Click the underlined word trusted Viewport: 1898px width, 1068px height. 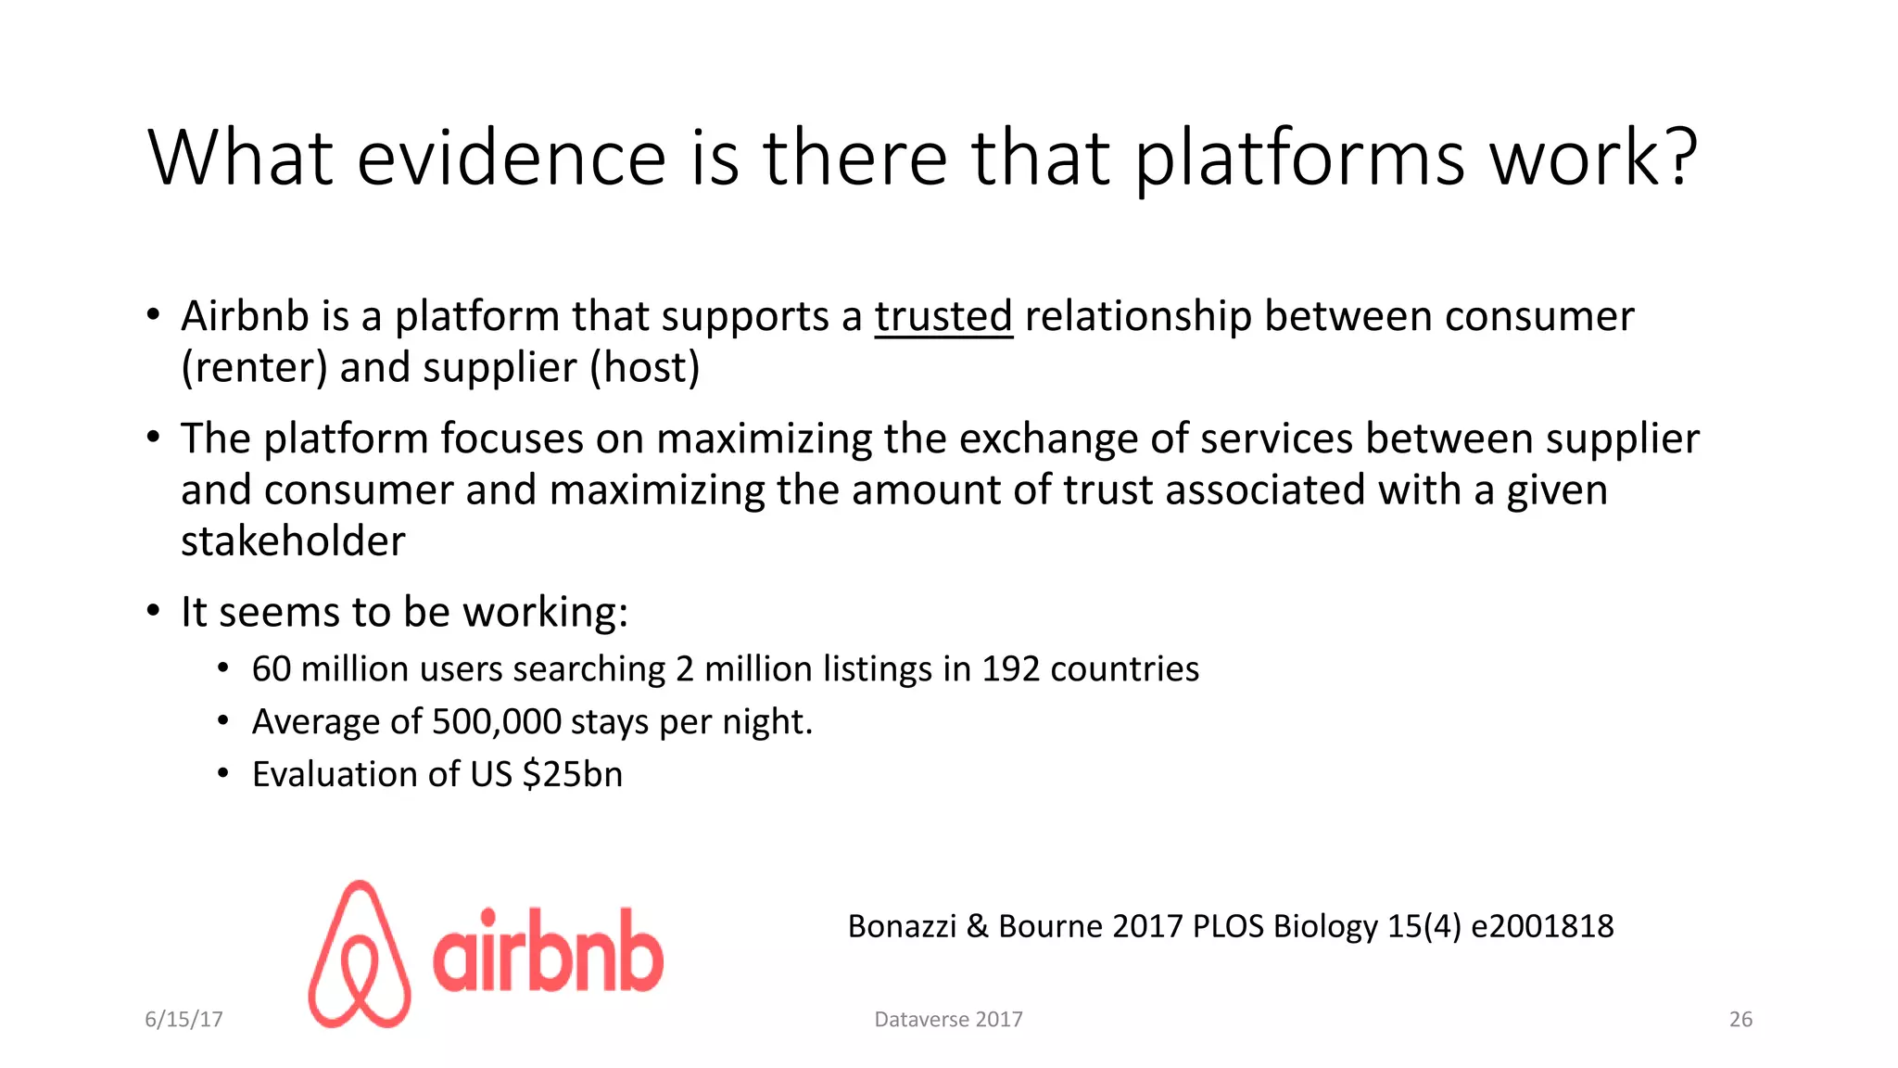tap(943, 317)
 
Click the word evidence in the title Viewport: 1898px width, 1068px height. tap(511, 158)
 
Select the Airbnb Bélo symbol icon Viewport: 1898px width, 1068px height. tap(360, 954)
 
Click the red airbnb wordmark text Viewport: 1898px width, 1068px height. tap(548, 951)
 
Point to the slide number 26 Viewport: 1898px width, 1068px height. tap(1740, 1019)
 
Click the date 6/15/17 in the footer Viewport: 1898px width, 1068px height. tap(183, 1019)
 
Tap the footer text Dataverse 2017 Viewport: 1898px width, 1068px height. tap(948, 1019)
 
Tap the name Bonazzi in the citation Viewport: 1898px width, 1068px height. tap(902, 926)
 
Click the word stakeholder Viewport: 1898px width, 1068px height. tap(293, 541)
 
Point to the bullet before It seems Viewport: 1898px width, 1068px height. tap(154, 611)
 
